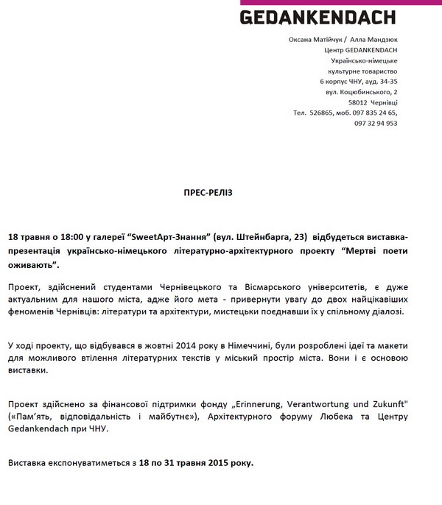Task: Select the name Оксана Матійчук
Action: coord(315,39)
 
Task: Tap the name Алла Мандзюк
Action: coord(373,39)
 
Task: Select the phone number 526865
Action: coord(323,113)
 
